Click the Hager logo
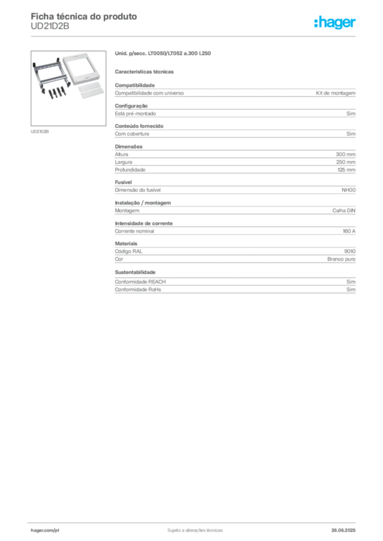[335, 22]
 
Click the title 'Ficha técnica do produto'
[84, 16]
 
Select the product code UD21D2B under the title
[50, 26]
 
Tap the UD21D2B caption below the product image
[40, 132]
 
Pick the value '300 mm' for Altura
[345, 154]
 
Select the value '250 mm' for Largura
[345, 162]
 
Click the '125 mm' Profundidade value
[346, 170]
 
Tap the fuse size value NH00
[349, 190]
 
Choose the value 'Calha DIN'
[344, 210]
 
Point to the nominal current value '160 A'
[349, 231]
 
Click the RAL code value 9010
[350, 251]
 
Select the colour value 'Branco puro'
[341, 259]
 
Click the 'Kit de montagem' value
[336, 93]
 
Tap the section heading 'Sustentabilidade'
[135, 272]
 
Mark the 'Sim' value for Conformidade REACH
[351, 282]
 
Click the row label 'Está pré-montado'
[135, 114]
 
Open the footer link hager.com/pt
[45, 530]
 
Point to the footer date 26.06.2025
[343, 530]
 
